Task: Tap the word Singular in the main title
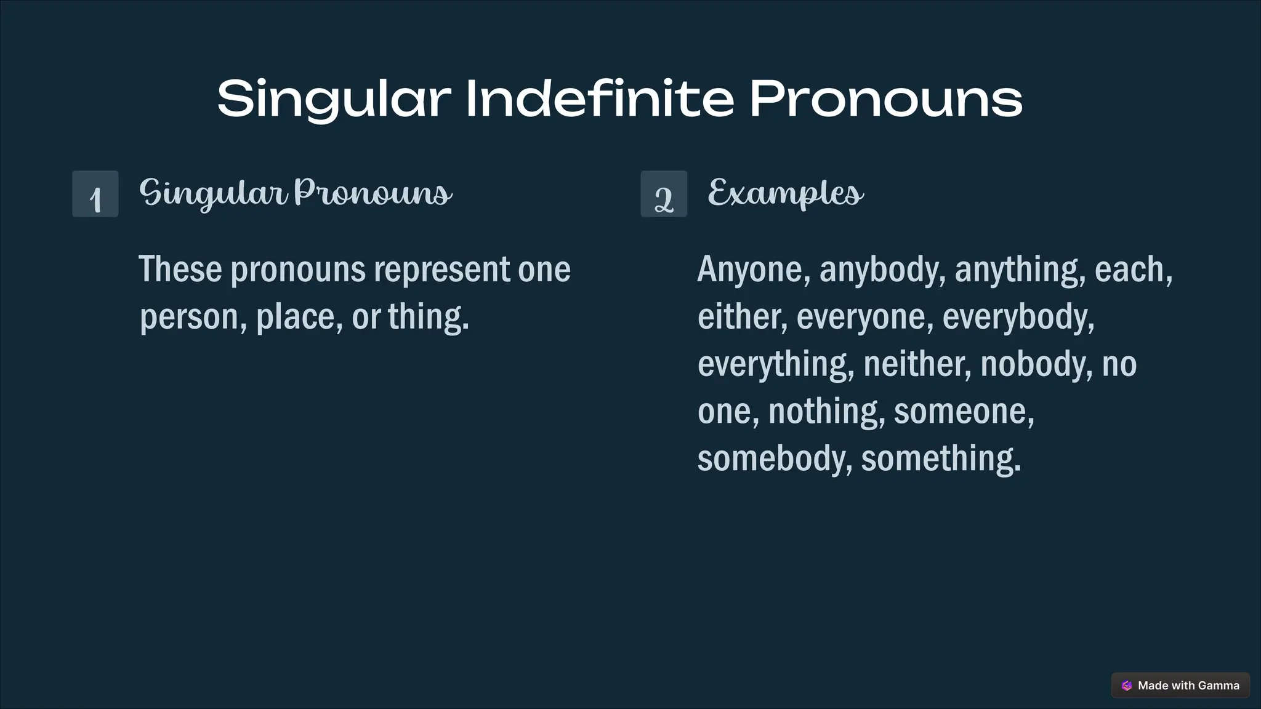(334, 98)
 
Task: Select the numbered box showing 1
(95, 194)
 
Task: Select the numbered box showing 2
(664, 194)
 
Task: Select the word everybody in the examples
(1018, 317)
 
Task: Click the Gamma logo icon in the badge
(1127, 686)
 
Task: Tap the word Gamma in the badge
(1219, 686)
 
